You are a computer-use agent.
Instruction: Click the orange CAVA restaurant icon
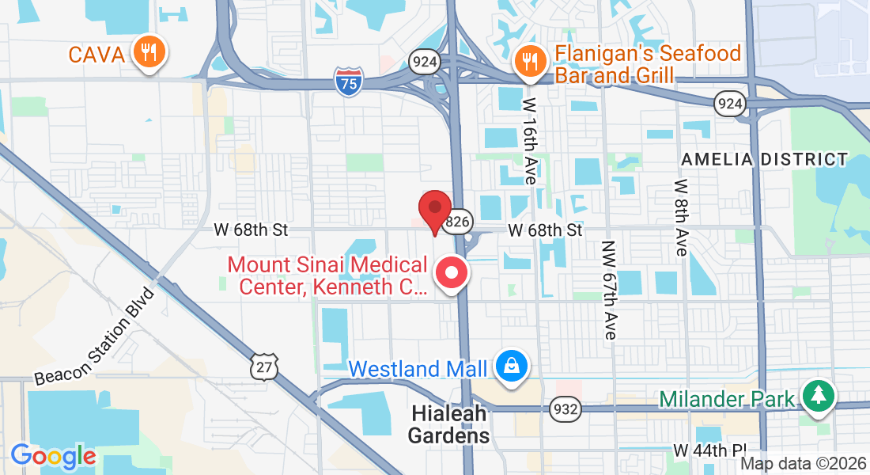click(x=147, y=52)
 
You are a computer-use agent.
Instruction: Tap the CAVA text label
click(x=96, y=55)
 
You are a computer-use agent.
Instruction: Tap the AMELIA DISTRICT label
click(x=764, y=159)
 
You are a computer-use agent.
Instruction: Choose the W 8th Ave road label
click(x=680, y=217)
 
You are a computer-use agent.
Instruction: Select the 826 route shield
click(x=458, y=222)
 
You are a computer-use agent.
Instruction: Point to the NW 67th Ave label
click(x=608, y=291)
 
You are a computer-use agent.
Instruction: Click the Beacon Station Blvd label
click(x=95, y=338)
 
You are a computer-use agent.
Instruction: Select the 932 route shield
click(x=566, y=409)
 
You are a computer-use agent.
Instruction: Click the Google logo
click(x=53, y=456)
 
